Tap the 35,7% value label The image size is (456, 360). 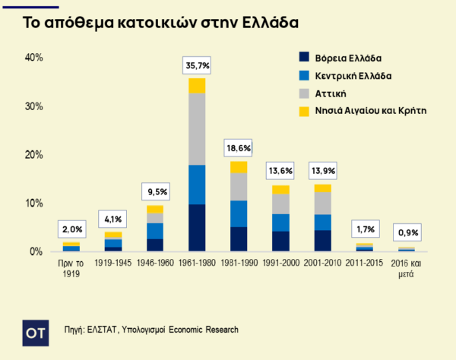197,66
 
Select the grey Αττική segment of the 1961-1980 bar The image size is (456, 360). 197,129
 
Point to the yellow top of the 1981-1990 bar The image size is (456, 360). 239,167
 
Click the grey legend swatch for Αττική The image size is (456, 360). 305,93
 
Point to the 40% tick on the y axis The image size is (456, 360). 34,58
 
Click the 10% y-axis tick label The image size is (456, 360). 34,204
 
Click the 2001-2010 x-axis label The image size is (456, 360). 322,264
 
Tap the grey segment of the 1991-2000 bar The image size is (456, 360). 280,204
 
